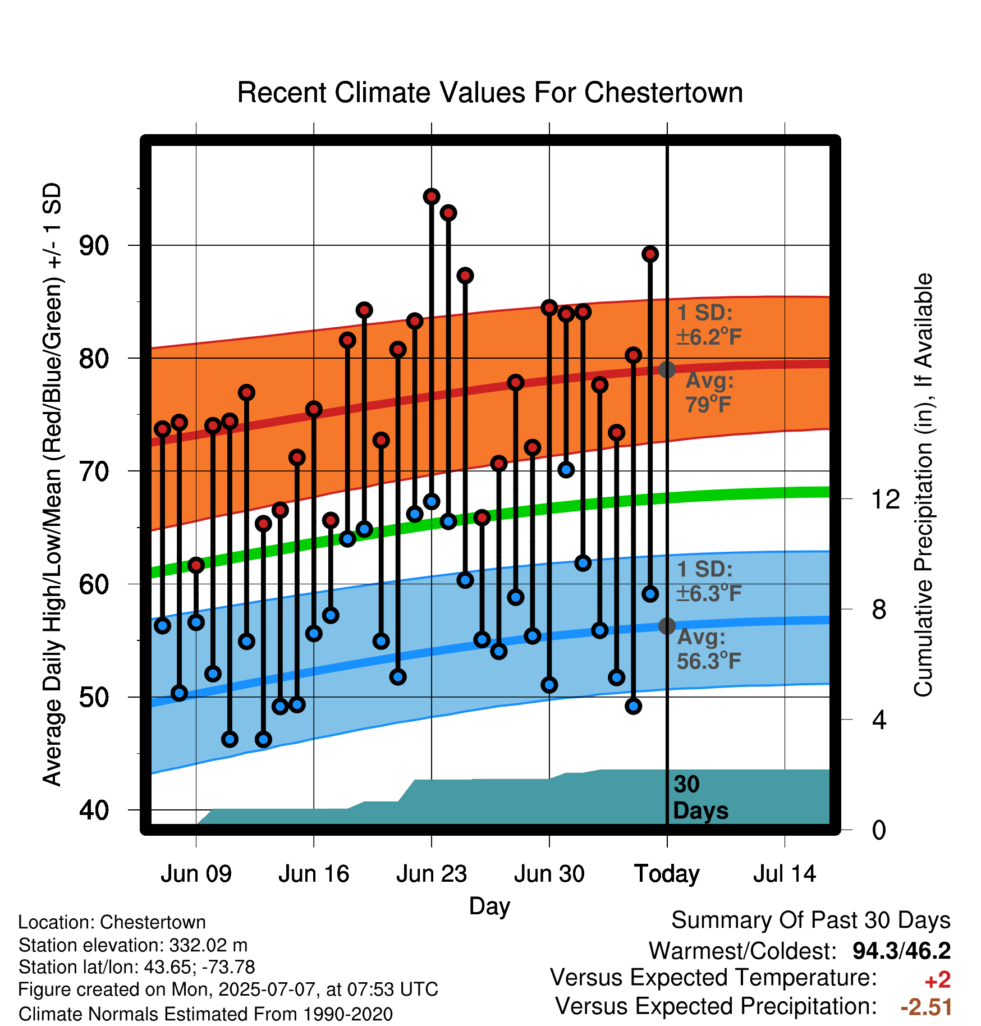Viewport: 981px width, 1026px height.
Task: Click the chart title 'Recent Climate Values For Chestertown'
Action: pos(490,93)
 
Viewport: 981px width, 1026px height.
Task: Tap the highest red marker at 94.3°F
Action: pos(432,196)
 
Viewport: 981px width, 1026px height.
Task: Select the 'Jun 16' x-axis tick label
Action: pos(314,874)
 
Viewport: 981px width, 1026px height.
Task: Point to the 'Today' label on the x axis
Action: pos(667,874)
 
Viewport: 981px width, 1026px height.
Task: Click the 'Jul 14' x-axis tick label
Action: pos(785,874)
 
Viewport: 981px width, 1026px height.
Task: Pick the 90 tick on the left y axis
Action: pos(94,245)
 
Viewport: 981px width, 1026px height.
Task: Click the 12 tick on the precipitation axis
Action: pos(886,499)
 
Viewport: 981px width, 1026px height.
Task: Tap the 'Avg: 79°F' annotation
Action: pos(709,392)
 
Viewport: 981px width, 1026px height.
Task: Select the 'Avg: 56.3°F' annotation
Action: pos(709,649)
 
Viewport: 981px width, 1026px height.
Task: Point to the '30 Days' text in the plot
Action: pos(700,798)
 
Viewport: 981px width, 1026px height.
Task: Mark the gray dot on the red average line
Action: pos(667,370)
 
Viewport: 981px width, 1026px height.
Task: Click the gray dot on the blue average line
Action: pos(667,626)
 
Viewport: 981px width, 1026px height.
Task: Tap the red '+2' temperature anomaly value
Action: pos(937,980)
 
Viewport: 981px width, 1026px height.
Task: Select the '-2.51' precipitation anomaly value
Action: pos(926,1007)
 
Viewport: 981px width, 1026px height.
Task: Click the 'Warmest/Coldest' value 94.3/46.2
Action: pos(901,951)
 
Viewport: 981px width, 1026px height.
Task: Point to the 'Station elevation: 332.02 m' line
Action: pos(133,945)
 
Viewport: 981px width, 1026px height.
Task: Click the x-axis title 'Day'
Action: pos(489,906)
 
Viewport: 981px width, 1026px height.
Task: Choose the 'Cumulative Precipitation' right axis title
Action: pos(923,485)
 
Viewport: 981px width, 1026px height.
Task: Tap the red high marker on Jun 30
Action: pos(549,308)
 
